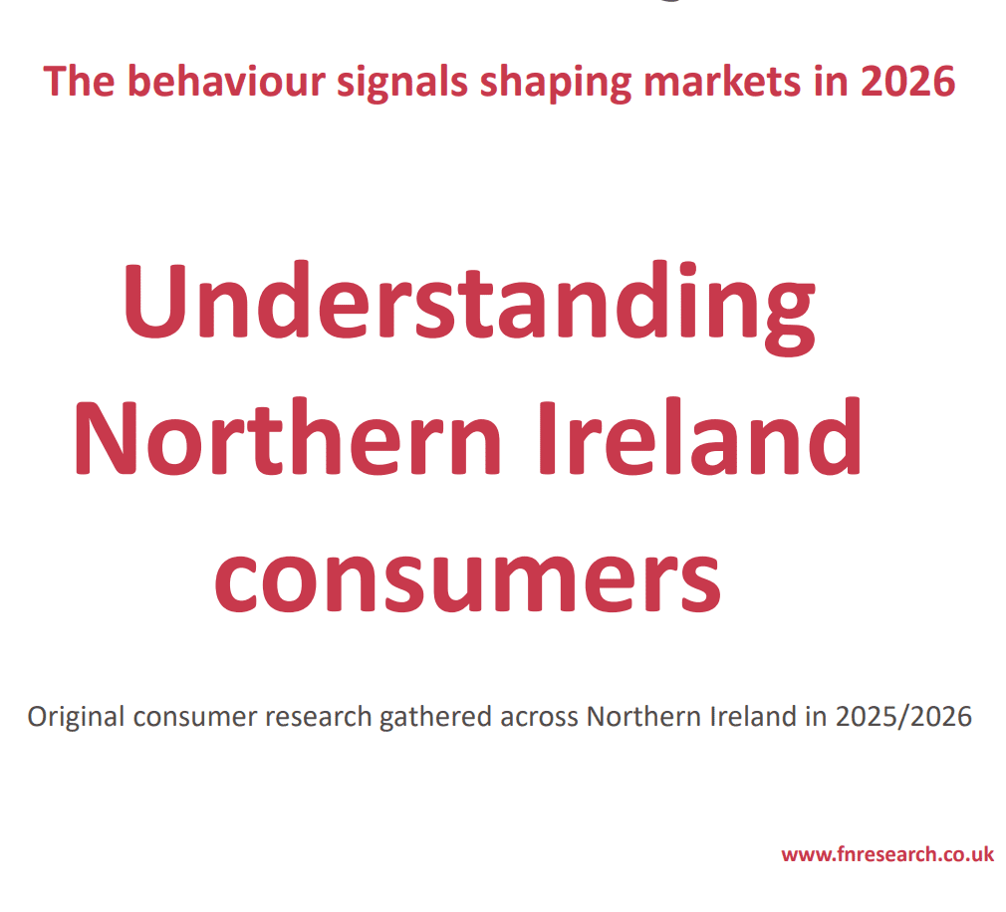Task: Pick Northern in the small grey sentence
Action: [635, 717]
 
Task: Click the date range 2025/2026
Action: [903, 717]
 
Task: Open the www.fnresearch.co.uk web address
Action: [886, 854]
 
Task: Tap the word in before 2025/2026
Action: [817, 717]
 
